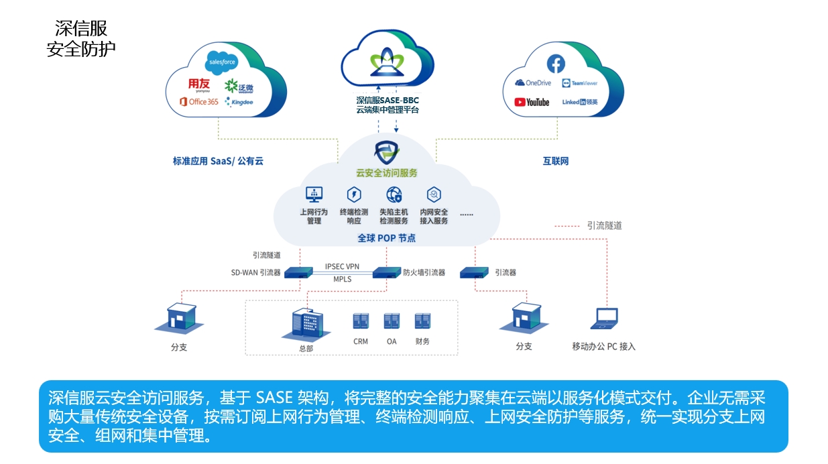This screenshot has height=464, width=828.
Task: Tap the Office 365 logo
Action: pyautogui.click(x=198, y=101)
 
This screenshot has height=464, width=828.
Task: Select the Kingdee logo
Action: pyautogui.click(x=239, y=102)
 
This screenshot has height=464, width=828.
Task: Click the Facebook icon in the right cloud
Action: pyautogui.click(x=556, y=64)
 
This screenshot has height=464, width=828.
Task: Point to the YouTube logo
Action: pyautogui.click(x=532, y=102)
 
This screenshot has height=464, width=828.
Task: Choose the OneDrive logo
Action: pyautogui.click(x=533, y=83)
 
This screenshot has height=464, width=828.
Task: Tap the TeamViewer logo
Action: pyautogui.click(x=579, y=83)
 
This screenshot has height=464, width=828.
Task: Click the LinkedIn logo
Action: pyautogui.click(x=579, y=102)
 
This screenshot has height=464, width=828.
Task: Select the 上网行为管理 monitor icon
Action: pyautogui.click(x=314, y=194)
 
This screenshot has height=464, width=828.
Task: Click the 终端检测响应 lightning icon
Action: pyautogui.click(x=353, y=194)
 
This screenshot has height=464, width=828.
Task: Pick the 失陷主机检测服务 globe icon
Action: pyautogui.click(x=394, y=194)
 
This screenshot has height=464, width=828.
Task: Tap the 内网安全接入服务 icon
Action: pyautogui.click(x=434, y=194)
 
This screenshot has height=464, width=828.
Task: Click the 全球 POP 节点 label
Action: pyautogui.click(x=386, y=238)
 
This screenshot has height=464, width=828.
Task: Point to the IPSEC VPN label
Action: pyautogui.click(x=342, y=266)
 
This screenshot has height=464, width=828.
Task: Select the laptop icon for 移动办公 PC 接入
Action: pyautogui.click(x=603, y=319)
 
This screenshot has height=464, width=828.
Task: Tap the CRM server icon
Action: pyautogui.click(x=361, y=321)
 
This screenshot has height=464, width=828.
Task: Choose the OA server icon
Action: pyautogui.click(x=392, y=321)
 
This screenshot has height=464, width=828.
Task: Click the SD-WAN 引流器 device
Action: pyautogui.click(x=299, y=273)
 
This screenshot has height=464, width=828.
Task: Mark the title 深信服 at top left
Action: pyautogui.click(x=81, y=28)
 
